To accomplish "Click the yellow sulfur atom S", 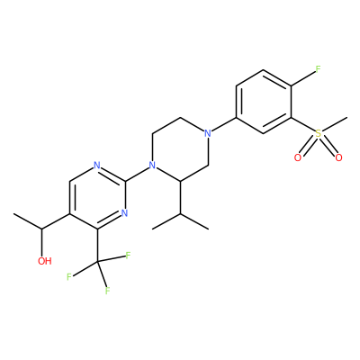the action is point(318,133).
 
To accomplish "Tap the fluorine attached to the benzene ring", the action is point(318,69).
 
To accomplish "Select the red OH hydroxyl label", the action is point(45,261).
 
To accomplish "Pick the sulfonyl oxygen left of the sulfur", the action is point(298,157).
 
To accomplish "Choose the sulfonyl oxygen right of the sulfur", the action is point(338,157).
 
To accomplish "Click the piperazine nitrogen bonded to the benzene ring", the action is point(207,133).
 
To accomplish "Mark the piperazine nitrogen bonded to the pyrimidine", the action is point(152,166).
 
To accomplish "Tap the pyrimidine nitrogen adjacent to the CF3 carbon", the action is point(124,213).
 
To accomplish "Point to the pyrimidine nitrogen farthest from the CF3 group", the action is point(96,166).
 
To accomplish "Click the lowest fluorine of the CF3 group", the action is point(108,291).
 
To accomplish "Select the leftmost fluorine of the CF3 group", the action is point(69,276).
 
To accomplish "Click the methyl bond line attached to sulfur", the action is point(335,124).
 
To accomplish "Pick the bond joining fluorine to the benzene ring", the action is point(302,78).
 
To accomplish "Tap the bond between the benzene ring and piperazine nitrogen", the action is point(224,124).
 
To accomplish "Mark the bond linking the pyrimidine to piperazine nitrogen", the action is point(137,174).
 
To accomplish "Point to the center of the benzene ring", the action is point(264,102).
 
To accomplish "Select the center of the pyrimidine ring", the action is point(97,197).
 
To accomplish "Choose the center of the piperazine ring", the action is point(180,149).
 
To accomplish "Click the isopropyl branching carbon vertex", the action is point(180,213).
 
